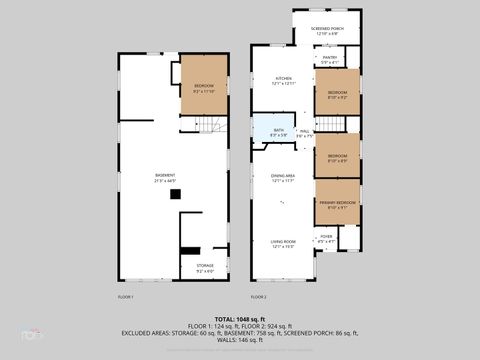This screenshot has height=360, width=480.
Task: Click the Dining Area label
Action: coord(283,178)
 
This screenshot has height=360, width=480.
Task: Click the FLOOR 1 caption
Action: coord(126,297)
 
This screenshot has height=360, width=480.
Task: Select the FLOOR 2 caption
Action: coord(259,297)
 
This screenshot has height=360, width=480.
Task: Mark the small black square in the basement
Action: coord(189,251)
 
